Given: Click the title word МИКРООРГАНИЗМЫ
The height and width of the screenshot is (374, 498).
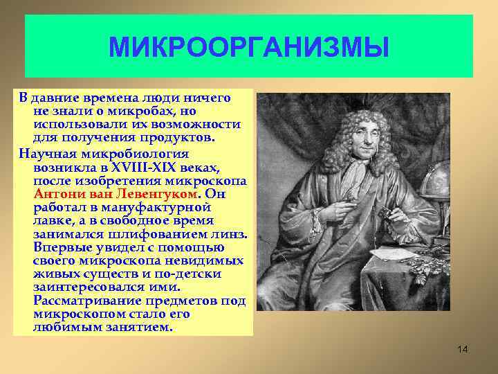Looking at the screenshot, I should coord(249,48).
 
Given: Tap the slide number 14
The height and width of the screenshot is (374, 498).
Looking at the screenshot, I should coord(463,349).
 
